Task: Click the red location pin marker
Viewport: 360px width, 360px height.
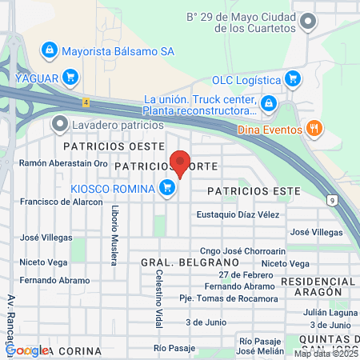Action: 181,163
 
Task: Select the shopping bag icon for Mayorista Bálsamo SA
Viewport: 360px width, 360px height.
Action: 50,50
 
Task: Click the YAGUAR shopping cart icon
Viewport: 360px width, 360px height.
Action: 70,77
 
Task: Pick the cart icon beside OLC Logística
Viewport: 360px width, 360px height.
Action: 293,79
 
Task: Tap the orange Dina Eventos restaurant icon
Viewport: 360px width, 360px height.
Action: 315,127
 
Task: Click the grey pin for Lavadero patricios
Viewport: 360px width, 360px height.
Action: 59,124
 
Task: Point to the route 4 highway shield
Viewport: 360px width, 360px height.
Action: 85,102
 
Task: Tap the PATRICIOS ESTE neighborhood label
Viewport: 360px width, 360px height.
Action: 253,192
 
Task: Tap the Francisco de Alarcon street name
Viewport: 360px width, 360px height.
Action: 62,202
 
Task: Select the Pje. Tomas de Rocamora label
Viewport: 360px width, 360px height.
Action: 229,298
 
